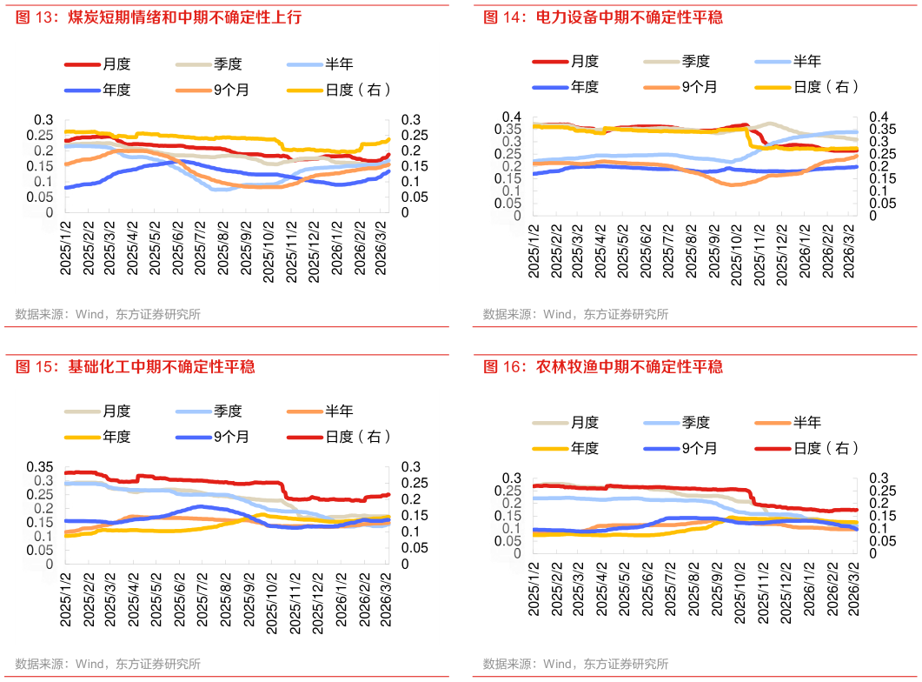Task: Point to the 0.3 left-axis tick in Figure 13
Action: pyautogui.click(x=45, y=119)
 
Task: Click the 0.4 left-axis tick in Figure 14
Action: pyautogui.click(x=511, y=117)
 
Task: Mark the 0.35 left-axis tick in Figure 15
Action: pyautogui.click(x=42, y=466)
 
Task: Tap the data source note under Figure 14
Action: pyautogui.click(x=575, y=314)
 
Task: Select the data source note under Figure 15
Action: pyautogui.click(x=108, y=664)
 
